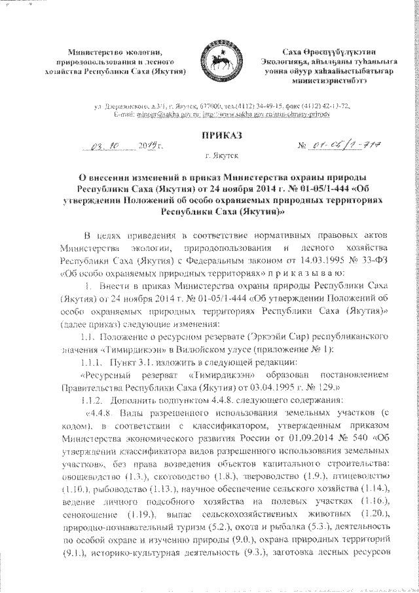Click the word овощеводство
click(x=89, y=477)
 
